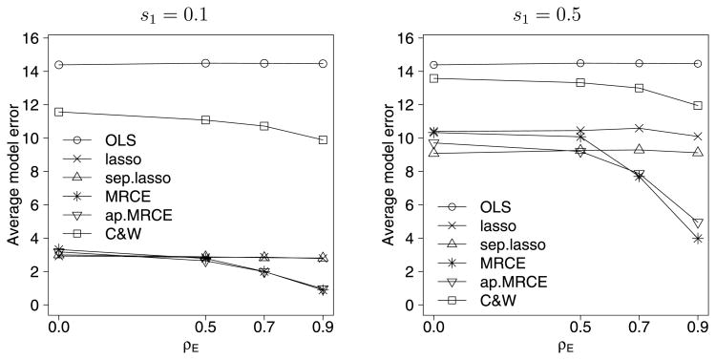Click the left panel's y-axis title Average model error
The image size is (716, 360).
pos(13,172)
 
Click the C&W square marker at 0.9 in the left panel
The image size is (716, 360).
pos(323,139)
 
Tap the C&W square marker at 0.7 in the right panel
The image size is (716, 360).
pos(639,88)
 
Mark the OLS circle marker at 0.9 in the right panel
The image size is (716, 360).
pos(698,64)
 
